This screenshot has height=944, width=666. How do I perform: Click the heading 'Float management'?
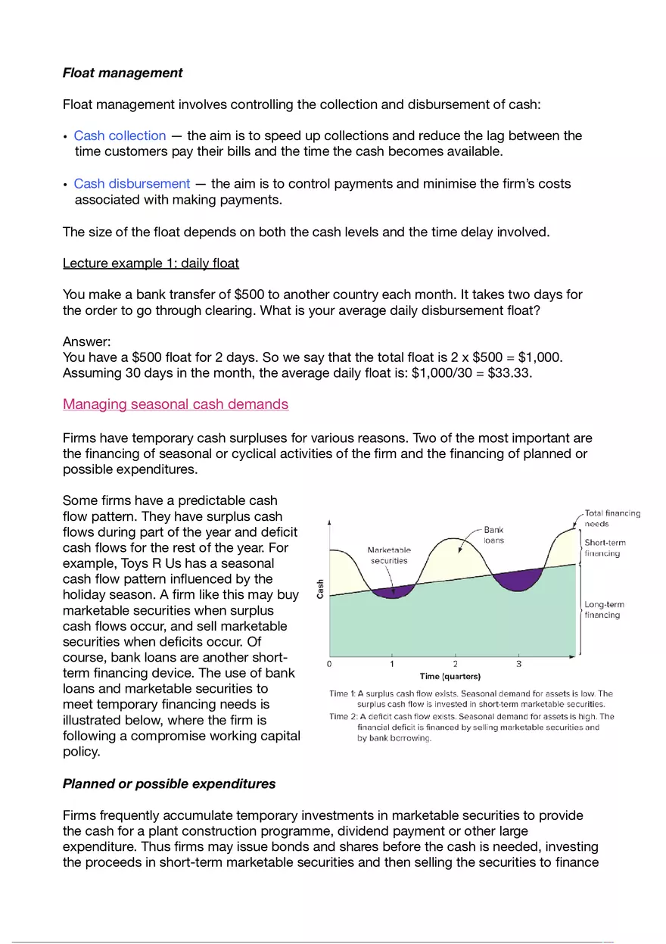[123, 73]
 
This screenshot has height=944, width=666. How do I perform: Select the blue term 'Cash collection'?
[120, 136]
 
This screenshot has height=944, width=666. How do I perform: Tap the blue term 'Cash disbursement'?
[132, 183]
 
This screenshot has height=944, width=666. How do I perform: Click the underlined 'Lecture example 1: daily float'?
[151, 263]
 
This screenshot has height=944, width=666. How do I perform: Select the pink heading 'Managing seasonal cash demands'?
[176, 403]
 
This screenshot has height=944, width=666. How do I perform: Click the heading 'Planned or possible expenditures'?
[169, 784]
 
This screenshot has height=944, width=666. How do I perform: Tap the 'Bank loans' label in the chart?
[493, 535]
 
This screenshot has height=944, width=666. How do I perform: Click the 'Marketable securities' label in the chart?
[389, 556]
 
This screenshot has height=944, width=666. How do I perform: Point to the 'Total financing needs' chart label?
[612, 519]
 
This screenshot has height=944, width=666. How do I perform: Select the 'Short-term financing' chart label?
[605, 548]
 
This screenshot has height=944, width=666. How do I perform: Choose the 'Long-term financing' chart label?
[604, 609]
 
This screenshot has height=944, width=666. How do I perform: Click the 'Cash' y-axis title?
[320, 588]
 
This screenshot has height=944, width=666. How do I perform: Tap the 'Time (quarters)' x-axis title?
[450, 676]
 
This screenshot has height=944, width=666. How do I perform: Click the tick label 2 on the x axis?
[455, 664]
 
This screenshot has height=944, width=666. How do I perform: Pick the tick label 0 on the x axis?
[329, 664]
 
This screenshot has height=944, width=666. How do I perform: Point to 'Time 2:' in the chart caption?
[344, 716]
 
